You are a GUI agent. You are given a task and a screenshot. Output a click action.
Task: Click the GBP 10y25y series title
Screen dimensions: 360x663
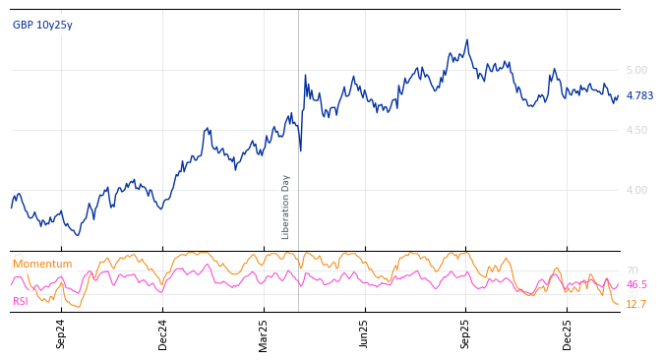(42, 26)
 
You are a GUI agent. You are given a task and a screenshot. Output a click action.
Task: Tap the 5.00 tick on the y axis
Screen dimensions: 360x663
(636, 70)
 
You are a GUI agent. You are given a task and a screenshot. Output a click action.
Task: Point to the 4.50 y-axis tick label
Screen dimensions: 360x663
(636, 130)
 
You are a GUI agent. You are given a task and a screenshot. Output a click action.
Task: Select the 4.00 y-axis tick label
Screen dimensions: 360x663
(636, 190)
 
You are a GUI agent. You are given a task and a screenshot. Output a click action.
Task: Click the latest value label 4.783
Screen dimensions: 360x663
(639, 96)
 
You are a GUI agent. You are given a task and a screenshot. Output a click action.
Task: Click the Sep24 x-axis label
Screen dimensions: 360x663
(61, 333)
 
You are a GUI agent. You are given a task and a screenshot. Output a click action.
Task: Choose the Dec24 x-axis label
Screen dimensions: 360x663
(163, 333)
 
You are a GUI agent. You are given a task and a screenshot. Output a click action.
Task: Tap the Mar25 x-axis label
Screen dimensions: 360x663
(264, 333)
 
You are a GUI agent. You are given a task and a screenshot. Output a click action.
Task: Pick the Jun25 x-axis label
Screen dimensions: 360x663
(365, 333)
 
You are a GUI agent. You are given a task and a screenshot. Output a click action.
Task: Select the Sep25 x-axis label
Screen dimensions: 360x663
(466, 333)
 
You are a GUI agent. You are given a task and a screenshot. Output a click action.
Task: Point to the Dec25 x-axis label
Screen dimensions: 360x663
(568, 333)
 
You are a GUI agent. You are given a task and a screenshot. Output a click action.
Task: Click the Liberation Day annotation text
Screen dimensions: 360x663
(286, 207)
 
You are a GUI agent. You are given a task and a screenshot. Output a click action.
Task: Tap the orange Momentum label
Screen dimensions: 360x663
(42, 265)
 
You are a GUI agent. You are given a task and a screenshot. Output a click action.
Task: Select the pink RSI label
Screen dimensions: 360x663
(21, 301)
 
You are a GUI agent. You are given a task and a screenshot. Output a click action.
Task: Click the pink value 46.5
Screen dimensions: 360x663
(636, 285)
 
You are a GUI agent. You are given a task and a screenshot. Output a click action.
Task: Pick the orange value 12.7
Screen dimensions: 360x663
(635, 305)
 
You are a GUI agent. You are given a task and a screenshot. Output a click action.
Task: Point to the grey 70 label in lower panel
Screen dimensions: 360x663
(632, 270)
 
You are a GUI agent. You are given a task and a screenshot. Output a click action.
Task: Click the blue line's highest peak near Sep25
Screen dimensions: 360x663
(467, 40)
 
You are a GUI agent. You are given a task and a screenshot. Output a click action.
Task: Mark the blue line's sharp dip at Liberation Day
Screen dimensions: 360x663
(300, 150)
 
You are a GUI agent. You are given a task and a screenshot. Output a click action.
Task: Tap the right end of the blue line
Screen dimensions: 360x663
(618, 95)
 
